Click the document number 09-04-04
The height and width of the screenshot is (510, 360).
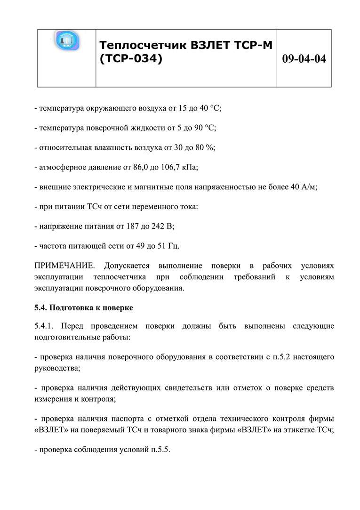click(x=304, y=59)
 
